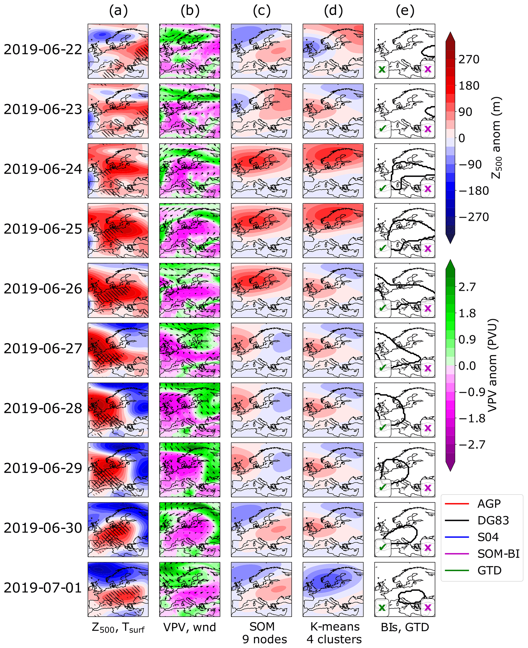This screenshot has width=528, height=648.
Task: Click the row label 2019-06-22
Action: (x=43, y=50)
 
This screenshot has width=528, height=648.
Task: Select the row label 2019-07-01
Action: (x=43, y=588)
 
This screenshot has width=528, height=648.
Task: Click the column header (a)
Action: (x=118, y=11)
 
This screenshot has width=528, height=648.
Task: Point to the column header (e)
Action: (x=405, y=11)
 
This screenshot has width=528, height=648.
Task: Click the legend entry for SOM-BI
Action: (x=498, y=554)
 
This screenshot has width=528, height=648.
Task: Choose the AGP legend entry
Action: (x=489, y=504)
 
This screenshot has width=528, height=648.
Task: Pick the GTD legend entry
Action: (x=489, y=570)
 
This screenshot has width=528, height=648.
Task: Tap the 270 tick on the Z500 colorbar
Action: (x=469, y=60)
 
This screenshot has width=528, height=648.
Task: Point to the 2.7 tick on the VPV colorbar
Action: (x=467, y=287)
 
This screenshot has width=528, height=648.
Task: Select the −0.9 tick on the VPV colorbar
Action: (x=472, y=392)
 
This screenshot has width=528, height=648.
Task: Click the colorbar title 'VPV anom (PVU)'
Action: (x=491, y=365)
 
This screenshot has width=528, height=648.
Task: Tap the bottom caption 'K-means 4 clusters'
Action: (x=334, y=633)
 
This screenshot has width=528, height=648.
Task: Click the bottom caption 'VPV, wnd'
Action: (x=190, y=627)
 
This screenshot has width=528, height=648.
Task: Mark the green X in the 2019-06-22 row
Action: (x=382, y=69)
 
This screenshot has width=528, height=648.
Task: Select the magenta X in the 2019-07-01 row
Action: (x=428, y=608)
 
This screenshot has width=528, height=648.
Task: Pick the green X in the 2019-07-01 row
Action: (x=382, y=608)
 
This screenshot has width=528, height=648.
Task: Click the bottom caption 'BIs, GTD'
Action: (x=405, y=627)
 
